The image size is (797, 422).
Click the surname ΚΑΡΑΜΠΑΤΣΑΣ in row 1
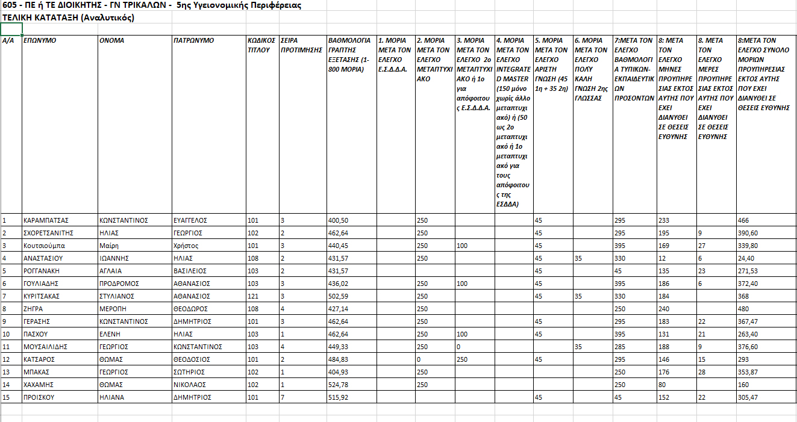pyautogui.click(x=46, y=220)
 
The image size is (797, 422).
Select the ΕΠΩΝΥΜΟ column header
pyautogui.click(x=40, y=41)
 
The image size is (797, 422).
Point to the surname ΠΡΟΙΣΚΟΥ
pyautogui.click(x=40, y=397)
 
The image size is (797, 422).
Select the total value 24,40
pyautogui.click(x=748, y=258)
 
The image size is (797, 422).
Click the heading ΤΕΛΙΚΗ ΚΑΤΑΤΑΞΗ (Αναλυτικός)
pyautogui.click(x=68, y=17)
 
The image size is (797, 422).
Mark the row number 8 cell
pyautogui.click(x=5, y=309)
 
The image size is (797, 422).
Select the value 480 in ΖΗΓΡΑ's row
pyautogui.click(x=744, y=309)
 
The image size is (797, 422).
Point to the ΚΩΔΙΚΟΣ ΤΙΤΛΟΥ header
pyautogui.click(x=261, y=45)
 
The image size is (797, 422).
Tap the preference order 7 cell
pyautogui.click(x=283, y=397)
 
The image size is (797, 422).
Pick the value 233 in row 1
pyautogui.click(x=663, y=220)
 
